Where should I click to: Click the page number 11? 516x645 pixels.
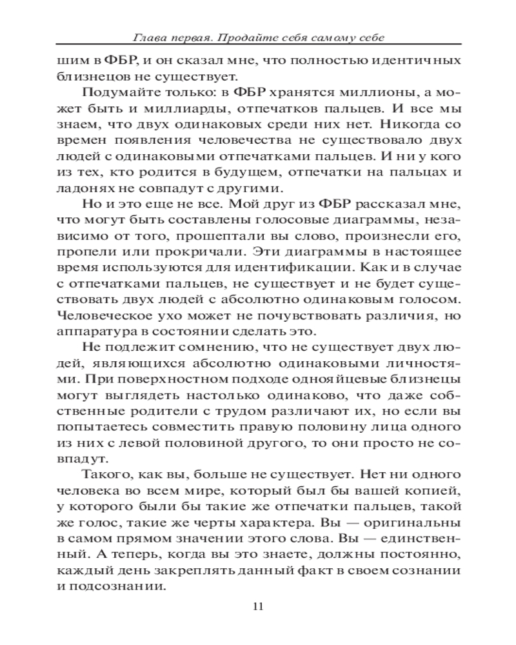[258, 606]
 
